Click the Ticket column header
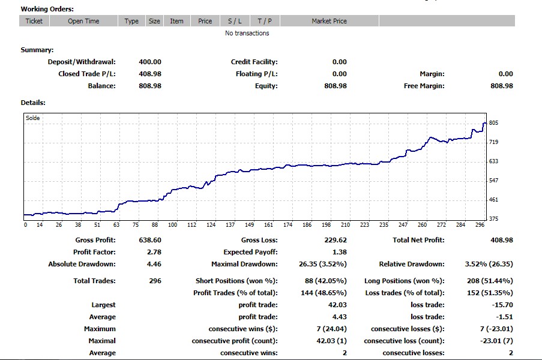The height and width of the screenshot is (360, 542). (x=34, y=21)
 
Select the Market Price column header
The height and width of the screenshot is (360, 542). (x=329, y=21)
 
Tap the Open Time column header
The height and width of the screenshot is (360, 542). (x=83, y=21)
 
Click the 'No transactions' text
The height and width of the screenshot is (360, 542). (x=247, y=33)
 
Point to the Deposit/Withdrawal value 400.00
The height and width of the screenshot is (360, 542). (x=149, y=62)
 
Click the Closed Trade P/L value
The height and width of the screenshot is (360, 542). (x=149, y=74)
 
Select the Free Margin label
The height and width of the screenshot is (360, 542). (x=424, y=86)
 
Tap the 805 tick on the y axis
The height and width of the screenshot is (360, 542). (x=493, y=123)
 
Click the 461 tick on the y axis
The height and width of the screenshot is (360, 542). (x=493, y=200)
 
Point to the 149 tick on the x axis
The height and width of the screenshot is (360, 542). (x=250, y=225)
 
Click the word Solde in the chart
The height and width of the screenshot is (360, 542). (x=33, y=118)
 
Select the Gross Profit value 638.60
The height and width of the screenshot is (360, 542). (x=149, y=240)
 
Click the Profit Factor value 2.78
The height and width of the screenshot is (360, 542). (x=154, y=252)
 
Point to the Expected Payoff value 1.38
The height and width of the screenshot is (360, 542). (x=339, y=252)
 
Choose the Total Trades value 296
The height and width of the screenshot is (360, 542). (x=155, y=281)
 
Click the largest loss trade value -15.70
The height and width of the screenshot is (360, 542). (x=502, y=305)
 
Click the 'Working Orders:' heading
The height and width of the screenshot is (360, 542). (x=47, y=9)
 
